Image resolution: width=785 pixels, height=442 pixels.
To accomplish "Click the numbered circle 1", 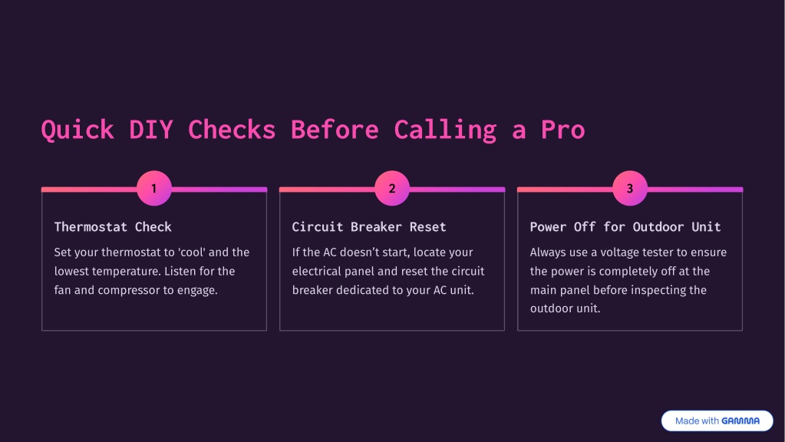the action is click(x=154, y=188).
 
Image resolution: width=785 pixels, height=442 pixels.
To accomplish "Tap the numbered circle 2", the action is click(x=392, y=188).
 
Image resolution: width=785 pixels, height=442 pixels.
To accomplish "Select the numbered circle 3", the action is click(x=630, y=188).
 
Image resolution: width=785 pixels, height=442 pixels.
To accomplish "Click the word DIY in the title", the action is click(x=150, y=130).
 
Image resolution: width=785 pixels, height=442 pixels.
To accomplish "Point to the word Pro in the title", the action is click(x=562, y=130).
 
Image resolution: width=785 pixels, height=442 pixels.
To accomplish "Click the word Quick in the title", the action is click(x=78, y=130).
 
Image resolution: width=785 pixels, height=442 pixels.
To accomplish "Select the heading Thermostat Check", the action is click(x=113, y=227).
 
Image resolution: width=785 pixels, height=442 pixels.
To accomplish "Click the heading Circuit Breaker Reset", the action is click(x=369, y=227).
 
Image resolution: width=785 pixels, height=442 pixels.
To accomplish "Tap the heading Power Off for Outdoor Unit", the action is click(x=625, y=227).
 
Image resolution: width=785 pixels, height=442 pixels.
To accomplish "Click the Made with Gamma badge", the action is click(x=717, y=421).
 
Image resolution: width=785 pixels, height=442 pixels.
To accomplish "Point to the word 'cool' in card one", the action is click(x=193, y=252).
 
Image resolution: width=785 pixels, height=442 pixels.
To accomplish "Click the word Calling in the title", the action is click(x=445, y=130).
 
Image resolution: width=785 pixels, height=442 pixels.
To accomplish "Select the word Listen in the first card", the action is click(x=180, y=271).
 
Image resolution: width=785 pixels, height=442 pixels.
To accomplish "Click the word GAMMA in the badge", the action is click(x=740, y=421).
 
